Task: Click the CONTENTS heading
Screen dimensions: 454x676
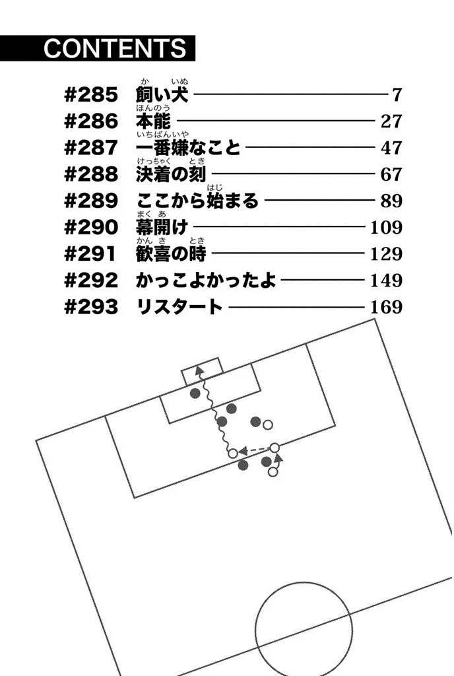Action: pos(115,48)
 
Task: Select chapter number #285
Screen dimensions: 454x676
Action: pos(91,95)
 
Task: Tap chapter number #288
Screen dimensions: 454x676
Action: pos(91,174)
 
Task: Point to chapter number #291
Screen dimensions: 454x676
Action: pos(90,254)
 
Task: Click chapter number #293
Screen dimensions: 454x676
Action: pos(91,307)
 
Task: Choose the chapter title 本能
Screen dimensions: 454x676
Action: pos(153,121)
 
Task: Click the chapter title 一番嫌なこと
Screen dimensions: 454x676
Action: pos(188,148)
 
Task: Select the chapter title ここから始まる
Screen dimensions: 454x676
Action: pos(197,201)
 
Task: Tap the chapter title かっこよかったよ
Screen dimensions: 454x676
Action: pos(205,281)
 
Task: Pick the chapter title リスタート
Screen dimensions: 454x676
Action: pos(179,307)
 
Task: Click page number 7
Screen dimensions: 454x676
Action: pos(397,95)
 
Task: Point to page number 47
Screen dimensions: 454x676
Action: pos(391,148)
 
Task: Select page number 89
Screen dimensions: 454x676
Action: pos(391,201)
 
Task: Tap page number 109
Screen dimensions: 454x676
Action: pos(387,228)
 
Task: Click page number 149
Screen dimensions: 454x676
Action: pos(387,281)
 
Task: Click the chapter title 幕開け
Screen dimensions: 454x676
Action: pos(162,228)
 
